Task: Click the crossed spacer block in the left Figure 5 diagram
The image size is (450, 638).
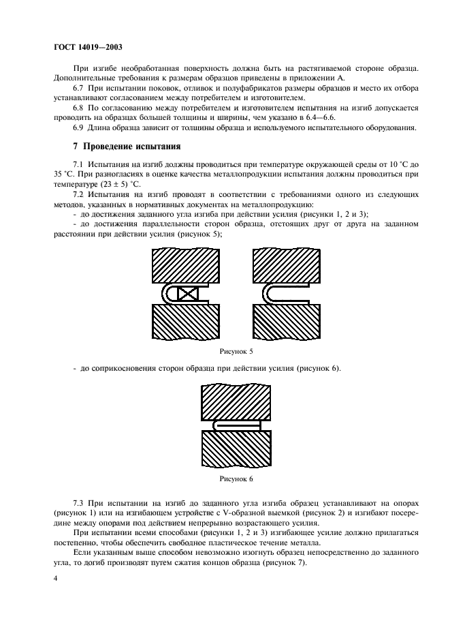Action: (x=187, y=294)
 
